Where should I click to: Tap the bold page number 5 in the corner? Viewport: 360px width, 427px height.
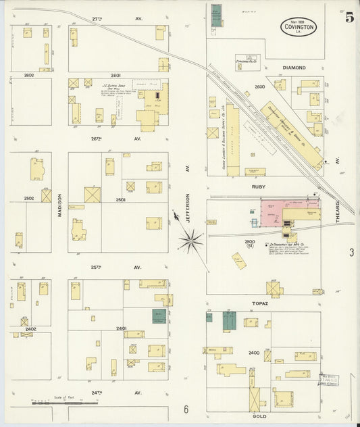click(349, 18)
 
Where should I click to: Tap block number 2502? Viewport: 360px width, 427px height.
click(29, 198)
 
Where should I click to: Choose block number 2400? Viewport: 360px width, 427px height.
click(254, 353)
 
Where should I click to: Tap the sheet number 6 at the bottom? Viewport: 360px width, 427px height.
click(185, 409)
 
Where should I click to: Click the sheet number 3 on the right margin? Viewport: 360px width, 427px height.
click(351, 253)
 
